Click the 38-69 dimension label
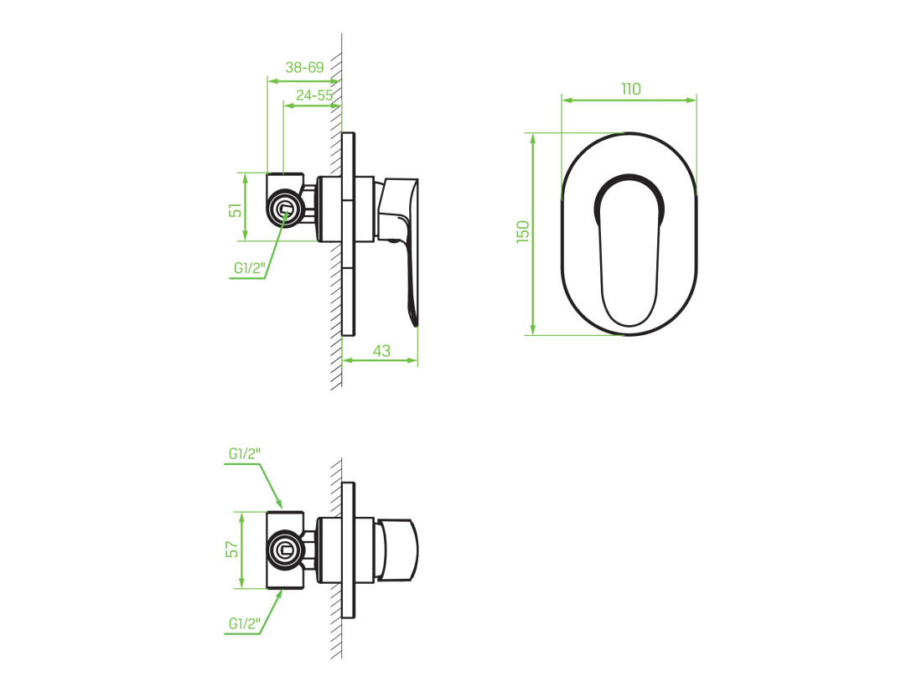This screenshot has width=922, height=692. (x=304, y=68)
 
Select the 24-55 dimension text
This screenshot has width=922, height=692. (x=314, y=96)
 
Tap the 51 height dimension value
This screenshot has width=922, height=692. (x=236, y=210)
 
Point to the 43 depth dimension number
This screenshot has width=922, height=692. (x=381, y=351)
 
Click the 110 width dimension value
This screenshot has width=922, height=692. (x=631, y=90)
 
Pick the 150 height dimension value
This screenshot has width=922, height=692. (x=523, y=232)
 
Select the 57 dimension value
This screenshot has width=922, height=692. (x=233, y=550)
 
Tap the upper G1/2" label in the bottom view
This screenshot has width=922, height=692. (x=245, y=454)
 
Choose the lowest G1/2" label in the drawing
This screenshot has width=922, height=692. (x=245, y=624)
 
